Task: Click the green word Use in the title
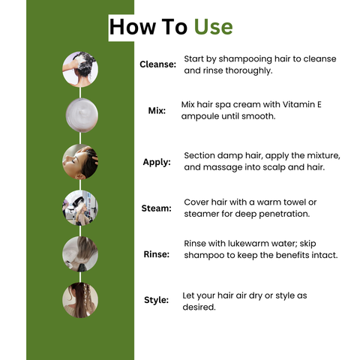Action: [213, 27]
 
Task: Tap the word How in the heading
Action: [133, 27]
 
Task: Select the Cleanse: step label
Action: [158, 64]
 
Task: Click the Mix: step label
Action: [157, 110]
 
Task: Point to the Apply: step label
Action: [157, 162]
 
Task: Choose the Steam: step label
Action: [157, 208]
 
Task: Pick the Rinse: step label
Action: [157, 254]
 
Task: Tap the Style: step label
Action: [157, 300]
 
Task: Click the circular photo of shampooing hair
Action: [80, 69]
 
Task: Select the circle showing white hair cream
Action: [82, 115]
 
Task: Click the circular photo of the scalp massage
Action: [80, 162]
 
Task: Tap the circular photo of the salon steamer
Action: [80, 208]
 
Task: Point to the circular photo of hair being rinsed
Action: [80, 254]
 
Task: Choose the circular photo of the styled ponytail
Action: [80, 300]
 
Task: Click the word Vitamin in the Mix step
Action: [298, 104]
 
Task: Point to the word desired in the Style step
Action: [199, 307]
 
